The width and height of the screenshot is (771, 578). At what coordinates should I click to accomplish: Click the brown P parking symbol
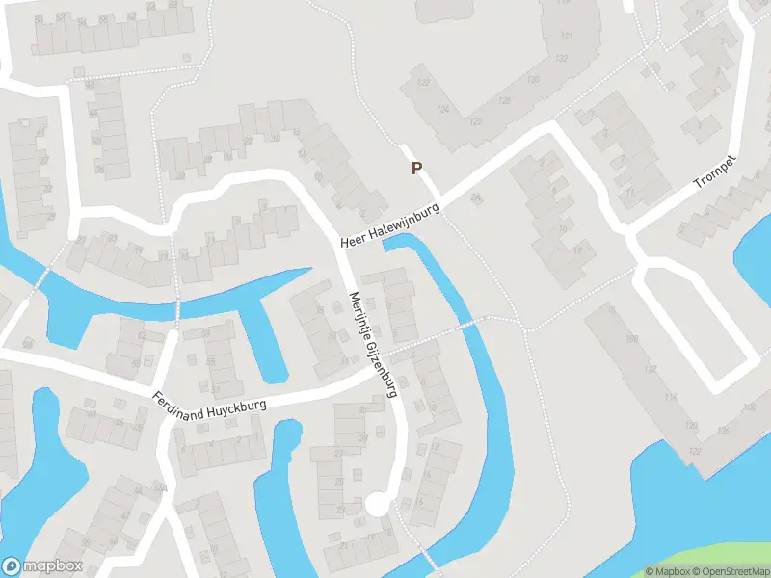click(x=417, y=168)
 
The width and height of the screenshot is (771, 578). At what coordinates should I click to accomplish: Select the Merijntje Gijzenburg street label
click(x=373, y=344)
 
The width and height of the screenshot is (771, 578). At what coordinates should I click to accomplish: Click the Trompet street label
click(x=715, y=171)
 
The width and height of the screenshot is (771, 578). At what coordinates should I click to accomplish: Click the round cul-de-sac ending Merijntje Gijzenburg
click(x=378, y=503)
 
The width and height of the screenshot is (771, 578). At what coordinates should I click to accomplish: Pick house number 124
click(x=442, y=109)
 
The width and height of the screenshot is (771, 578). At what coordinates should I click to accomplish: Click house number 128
click(x=503, y=100)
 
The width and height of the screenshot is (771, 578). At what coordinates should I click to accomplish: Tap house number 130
click(x=533, y=78)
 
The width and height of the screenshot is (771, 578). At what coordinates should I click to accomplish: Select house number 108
click(x=632, y=339)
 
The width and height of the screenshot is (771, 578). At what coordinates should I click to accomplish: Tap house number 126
click(x=474, y=121)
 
